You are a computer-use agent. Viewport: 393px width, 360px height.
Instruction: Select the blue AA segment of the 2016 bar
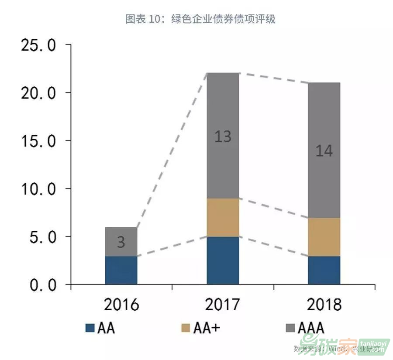pyautogui.click(x=121, y=270)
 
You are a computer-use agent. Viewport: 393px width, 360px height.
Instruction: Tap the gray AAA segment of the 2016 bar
pyautogui.click(x=121, y=242)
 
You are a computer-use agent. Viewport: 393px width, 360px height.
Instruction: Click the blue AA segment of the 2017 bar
pyautogui.click(x=223, y=261)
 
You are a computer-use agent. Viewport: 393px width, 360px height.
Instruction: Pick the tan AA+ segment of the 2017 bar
pyautogui.click(x=223, y=218)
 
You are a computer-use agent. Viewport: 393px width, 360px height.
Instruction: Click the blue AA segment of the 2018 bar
pyautogui.click(x=324, y=270)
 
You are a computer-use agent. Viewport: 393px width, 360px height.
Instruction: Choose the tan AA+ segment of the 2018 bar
pyautogui.click(x=324, y=237)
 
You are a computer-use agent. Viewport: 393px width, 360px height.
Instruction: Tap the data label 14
pyautogui.click(x=324, y=151)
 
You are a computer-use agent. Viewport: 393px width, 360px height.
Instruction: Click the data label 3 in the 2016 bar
pyautogui.click(x=121, y=243)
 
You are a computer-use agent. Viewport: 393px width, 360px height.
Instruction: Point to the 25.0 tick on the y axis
pyautogui.click(x=38, y=45)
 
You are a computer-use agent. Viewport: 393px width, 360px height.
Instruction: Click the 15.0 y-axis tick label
pyautogui.click(x=38, y=141)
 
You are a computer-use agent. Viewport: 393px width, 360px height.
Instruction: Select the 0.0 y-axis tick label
pyautogui.click(x=38, y=285)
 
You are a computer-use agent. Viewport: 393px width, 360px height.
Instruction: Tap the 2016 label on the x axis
pyautogui.click(x=121, y=305)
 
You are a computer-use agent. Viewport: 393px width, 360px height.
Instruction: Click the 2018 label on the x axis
pyautogui.click(x=324, y=305)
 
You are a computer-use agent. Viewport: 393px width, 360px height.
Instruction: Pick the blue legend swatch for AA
pyautogui.click(x=90, y=328)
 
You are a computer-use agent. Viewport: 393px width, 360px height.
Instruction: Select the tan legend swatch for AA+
pyautogui.click(x=186, y=328)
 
